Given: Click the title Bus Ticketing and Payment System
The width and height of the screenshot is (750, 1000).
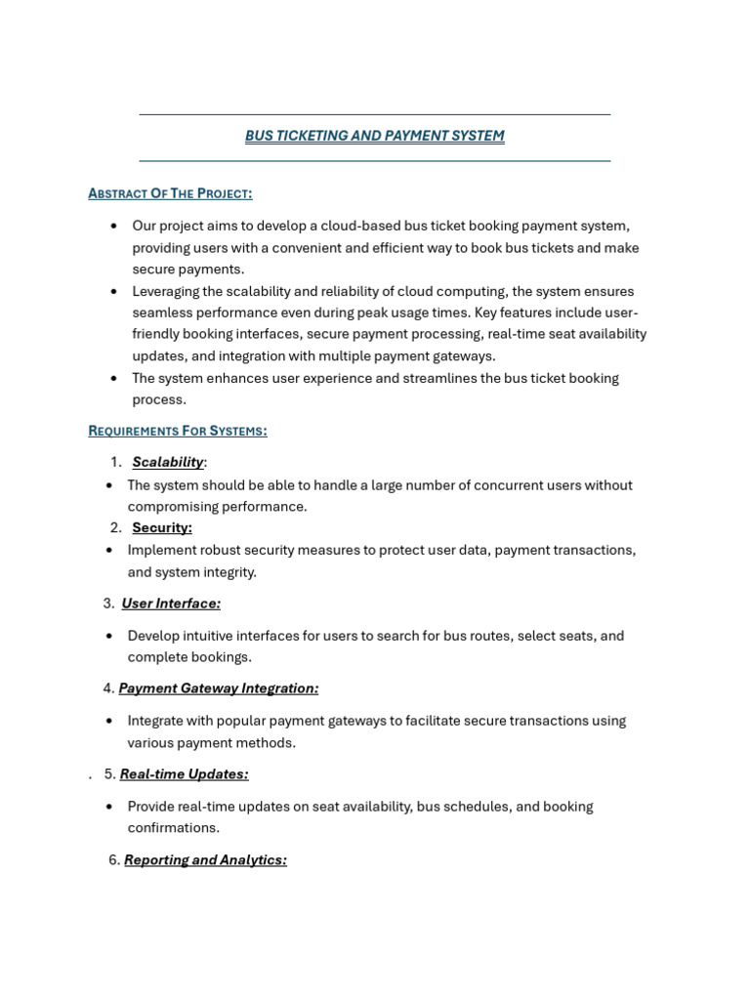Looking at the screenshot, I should pyautogui.click(x=374, y=136).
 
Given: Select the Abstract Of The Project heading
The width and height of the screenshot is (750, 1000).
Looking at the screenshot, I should pyautogui.click(x=170, y=193).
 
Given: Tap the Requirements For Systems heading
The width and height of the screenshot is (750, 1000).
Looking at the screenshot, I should pyautogui.click(x=177, y=431).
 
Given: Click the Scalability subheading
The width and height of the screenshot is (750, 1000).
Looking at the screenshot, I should pyautogui.click(x=168, y=462).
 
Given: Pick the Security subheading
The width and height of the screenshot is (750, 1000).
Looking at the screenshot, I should pyautogui.click(x=162, y=527).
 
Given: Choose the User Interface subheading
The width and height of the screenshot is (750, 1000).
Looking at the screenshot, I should pyautogui.click(x=171, y=604).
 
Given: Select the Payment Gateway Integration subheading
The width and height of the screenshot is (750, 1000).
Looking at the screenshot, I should pyautogui.click(x=219, y=688).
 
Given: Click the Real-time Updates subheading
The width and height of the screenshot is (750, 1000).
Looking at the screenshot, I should pyautogui.click(x=184, y=774).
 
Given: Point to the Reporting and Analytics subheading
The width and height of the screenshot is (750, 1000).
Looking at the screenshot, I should pyautogui.click(x=205, y=860).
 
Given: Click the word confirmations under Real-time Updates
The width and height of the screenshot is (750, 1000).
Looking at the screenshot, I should pyautogui.click(x=174, y=828).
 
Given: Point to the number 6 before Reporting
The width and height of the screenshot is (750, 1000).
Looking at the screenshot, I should pyautogui.click(x=113, y=860).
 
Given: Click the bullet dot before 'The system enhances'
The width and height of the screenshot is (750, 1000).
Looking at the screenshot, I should pyautogui.click(x=114, y=378).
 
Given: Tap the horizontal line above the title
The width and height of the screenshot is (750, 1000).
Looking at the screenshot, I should pyautogui.click(x=374, y=114).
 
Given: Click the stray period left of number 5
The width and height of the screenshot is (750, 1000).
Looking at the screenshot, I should pyautogui.click(x=90, y=777).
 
